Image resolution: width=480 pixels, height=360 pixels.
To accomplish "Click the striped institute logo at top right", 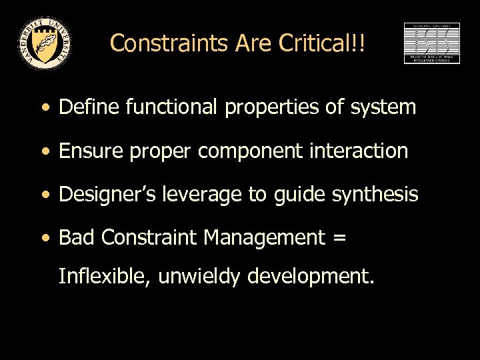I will pyautogui.click(x=431, y=43).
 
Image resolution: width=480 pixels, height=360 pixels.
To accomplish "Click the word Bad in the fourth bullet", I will pyautogui.click(x=75, y=237).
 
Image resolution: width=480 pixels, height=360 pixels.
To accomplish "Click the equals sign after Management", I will pyautogui.click(x=339, y=238).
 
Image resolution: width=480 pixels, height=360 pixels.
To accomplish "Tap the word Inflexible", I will pyautogui.click(x=104, y=275).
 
